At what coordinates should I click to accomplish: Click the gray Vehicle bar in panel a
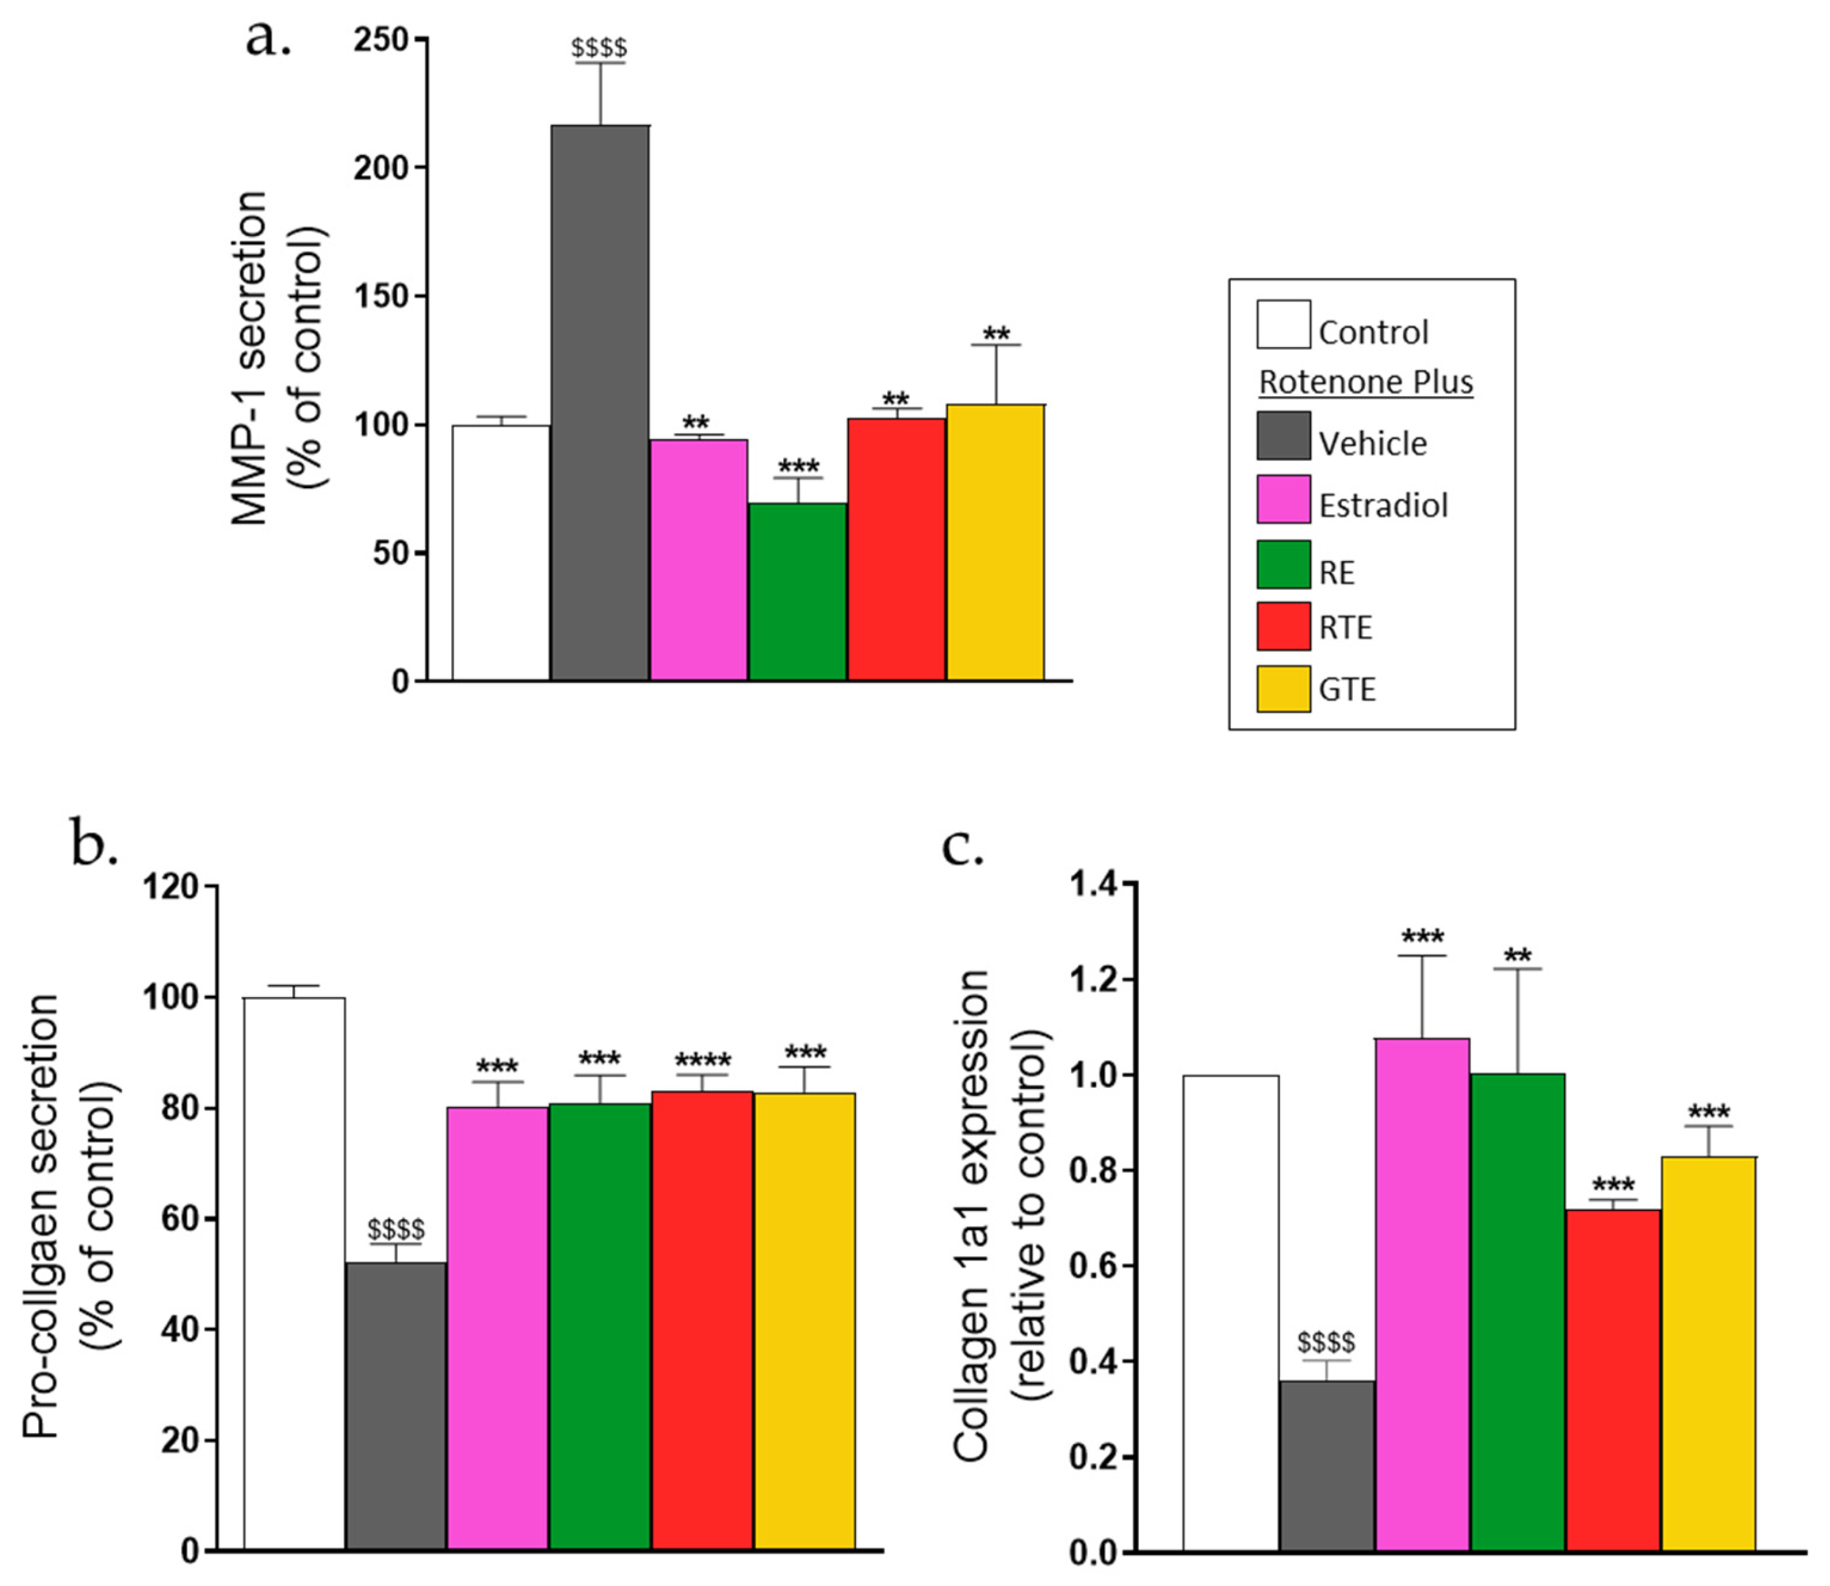click(x=600, y=403)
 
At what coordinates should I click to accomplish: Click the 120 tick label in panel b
click(x=170, y=886)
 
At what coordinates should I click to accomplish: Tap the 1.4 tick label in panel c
click(x=1095, y=884)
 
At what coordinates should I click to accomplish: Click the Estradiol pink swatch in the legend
click(x=1283, y=499)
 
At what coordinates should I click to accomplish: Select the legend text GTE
click(x=1347, y=689)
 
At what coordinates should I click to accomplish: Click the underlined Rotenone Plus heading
click(x=1366, y=382)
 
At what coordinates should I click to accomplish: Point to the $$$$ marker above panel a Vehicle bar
click(x=599, y=47)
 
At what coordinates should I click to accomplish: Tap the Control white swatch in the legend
click(x=1283, y=324)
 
